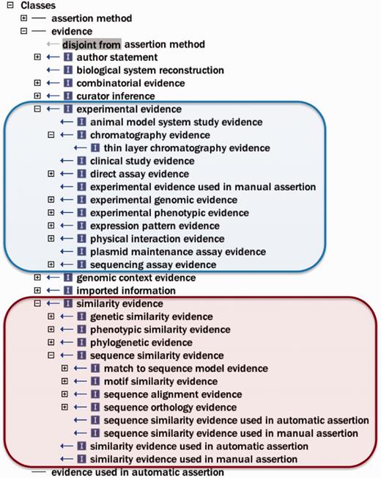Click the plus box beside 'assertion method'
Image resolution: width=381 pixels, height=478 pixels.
24,18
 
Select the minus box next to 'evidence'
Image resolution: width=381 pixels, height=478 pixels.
24,32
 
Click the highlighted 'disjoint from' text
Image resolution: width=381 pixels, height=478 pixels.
91,45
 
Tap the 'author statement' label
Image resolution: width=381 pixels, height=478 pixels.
116,57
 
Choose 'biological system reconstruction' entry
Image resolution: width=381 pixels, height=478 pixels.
150,70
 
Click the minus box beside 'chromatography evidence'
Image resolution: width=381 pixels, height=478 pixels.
51,135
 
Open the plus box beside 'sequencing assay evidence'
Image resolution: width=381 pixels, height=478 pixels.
51,264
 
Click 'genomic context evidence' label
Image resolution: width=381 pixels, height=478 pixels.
136,278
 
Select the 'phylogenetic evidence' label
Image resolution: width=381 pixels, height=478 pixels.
141,342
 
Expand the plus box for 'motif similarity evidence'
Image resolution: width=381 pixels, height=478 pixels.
64,381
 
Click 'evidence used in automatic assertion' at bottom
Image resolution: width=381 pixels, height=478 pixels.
138,472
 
